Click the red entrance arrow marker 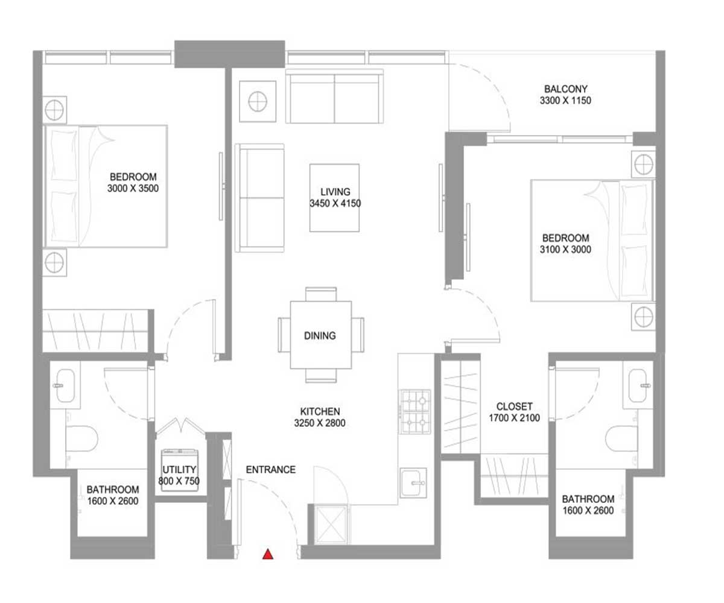point(268,554)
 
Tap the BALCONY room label point(565,89)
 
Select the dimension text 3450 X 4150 point(335,203)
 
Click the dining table point(320,335)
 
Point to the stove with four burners point(414,412)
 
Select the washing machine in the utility point(180,471)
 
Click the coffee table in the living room point(334,197)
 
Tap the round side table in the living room point(257,100)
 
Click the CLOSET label point(514,406)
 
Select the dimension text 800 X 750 point(180,481)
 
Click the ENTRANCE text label point(270,469)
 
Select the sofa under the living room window point(334,95)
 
